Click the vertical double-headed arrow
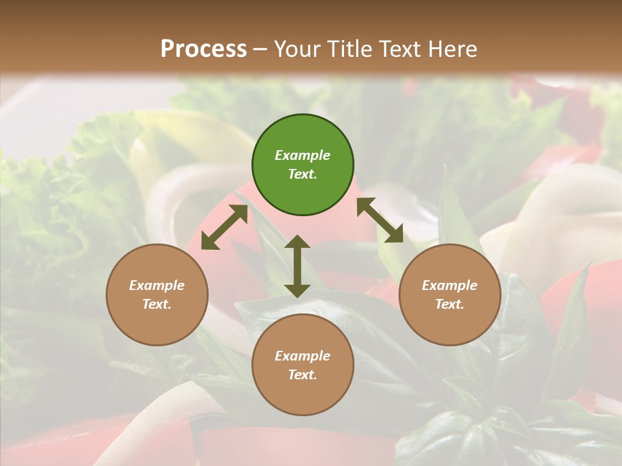(297, 266)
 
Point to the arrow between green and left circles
(224, 227)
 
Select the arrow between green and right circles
(380, 220)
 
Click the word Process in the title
(203, 49)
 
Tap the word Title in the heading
(351, 49)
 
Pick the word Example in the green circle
(303, 155)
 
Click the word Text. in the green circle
(303, 174)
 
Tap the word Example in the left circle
(157, 285)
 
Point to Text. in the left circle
(157, 304)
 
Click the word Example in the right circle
(450, 285)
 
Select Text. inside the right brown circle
(450, 304)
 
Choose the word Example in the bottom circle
(303, 356)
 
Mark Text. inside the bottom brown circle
(303, 375)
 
